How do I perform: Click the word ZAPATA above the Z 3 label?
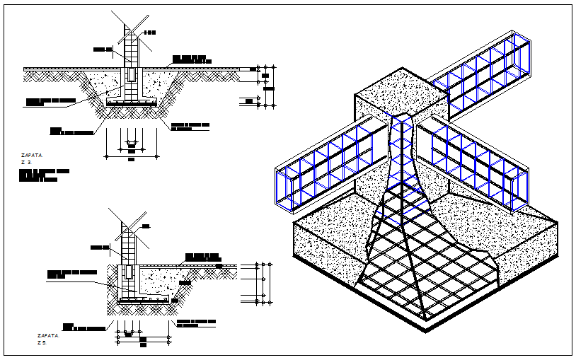[31, 153]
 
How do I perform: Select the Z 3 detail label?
[29, 162]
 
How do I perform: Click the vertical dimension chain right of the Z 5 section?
[262, 283]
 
